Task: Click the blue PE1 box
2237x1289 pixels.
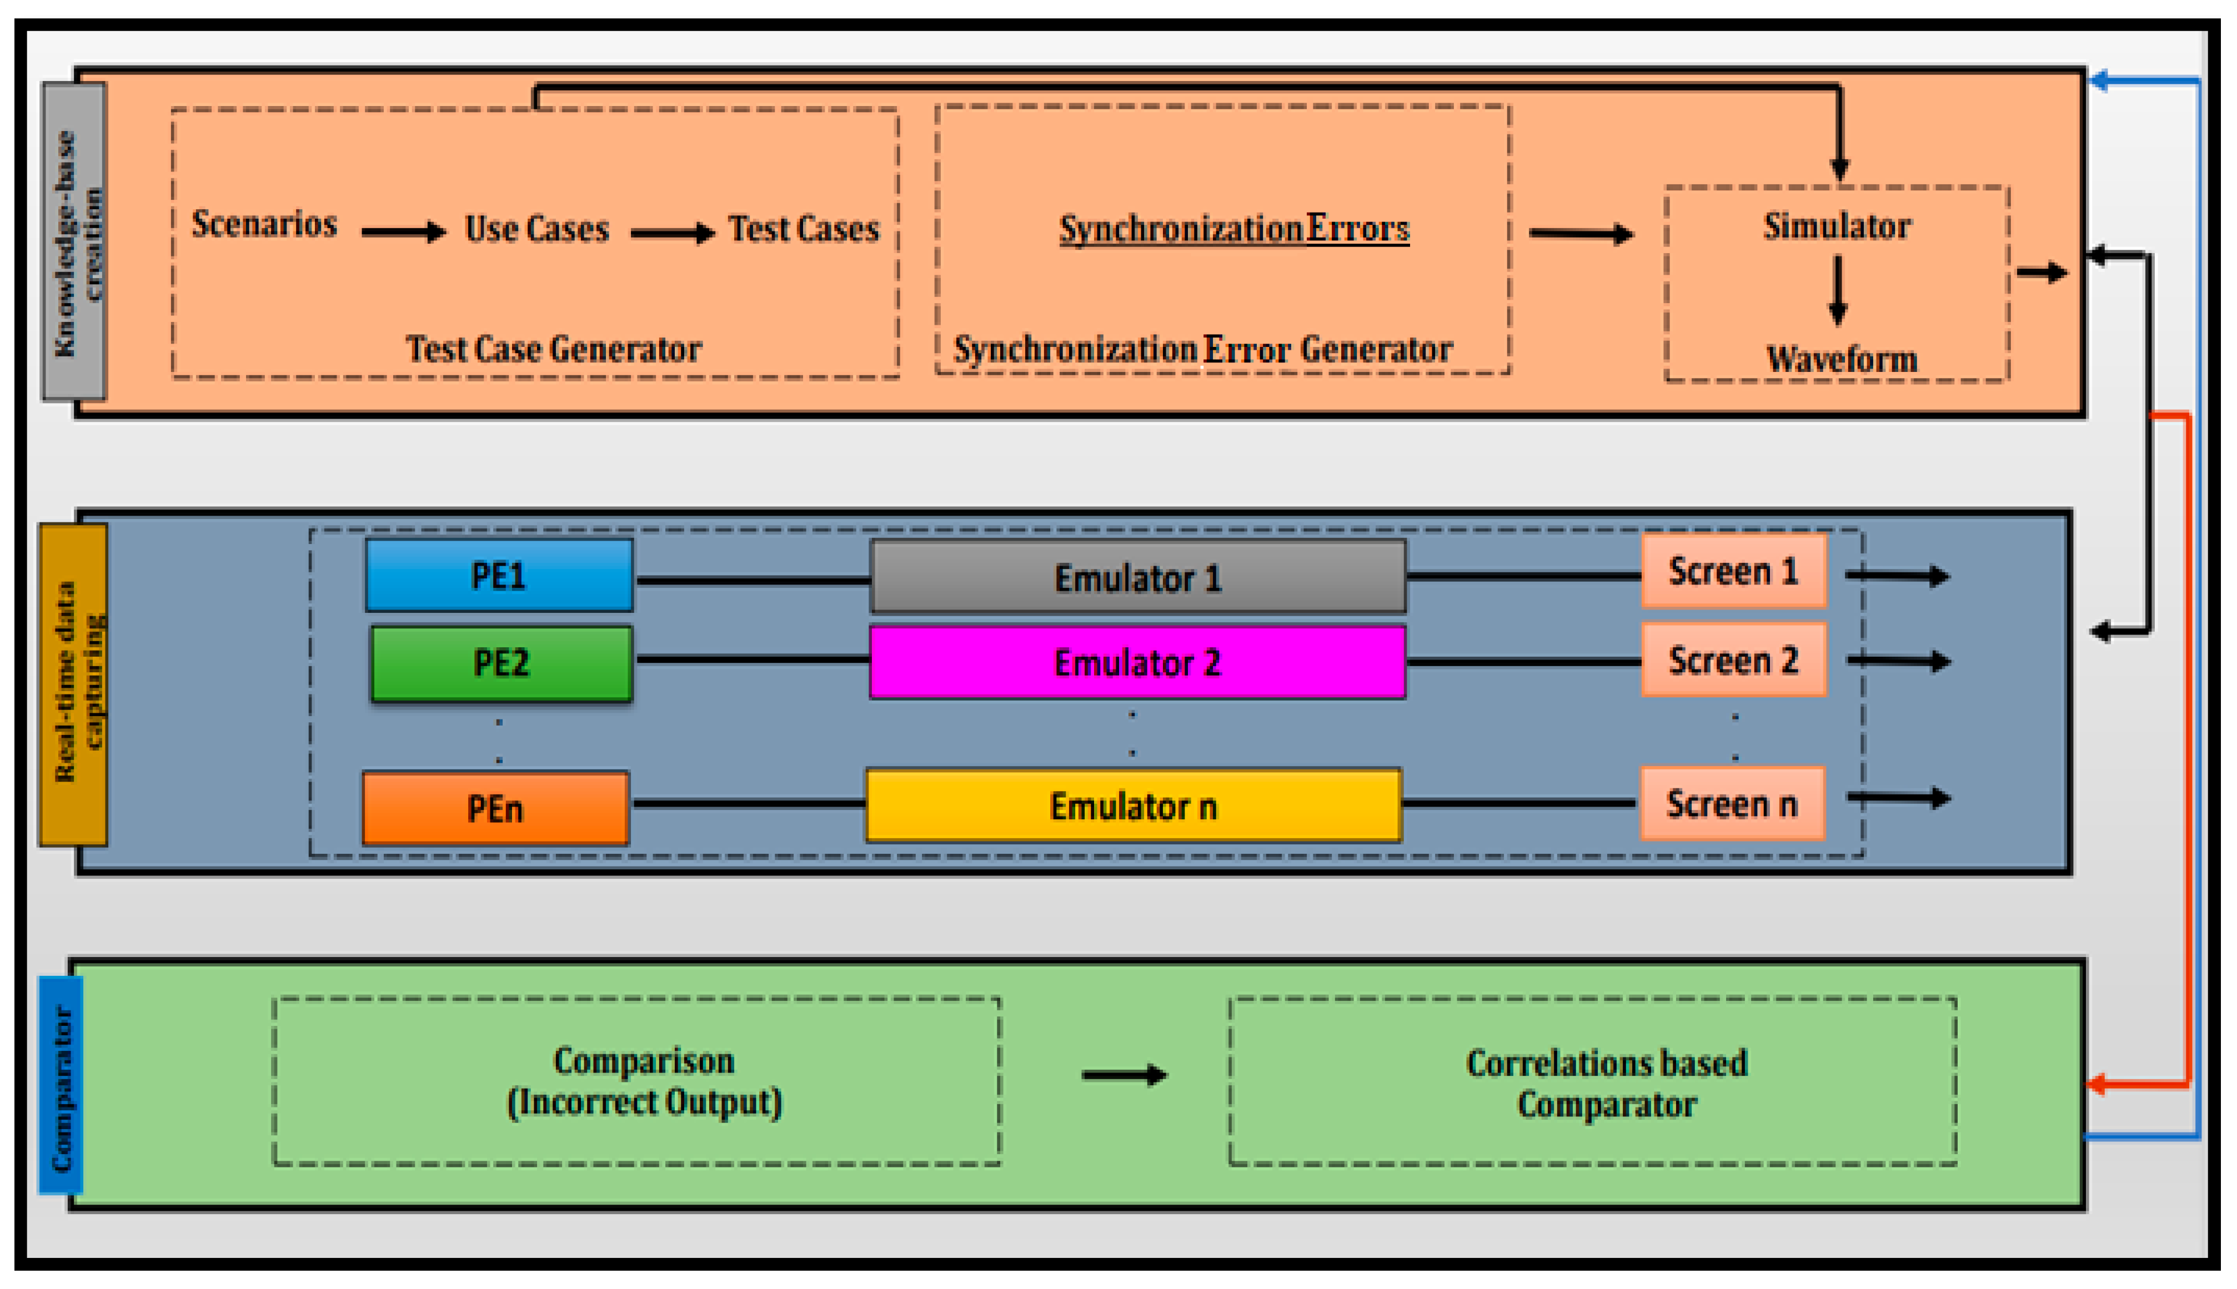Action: coord(499,576)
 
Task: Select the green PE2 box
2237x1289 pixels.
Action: coord(501,663)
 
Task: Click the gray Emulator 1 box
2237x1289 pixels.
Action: coord(1138,577)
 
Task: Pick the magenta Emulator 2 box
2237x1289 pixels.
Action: coord(1138,662)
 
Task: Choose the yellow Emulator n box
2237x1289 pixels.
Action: coord(1133,805)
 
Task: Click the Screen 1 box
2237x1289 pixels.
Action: coord(1733,571)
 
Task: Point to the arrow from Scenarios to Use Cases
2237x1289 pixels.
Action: coord(403,232)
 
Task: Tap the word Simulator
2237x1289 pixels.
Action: coord(1837,226)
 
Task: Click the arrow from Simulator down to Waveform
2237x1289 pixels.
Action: coord(1838,290)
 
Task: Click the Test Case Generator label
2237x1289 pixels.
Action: coord(554,349)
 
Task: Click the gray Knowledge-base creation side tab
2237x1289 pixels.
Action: coord(74,241)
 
